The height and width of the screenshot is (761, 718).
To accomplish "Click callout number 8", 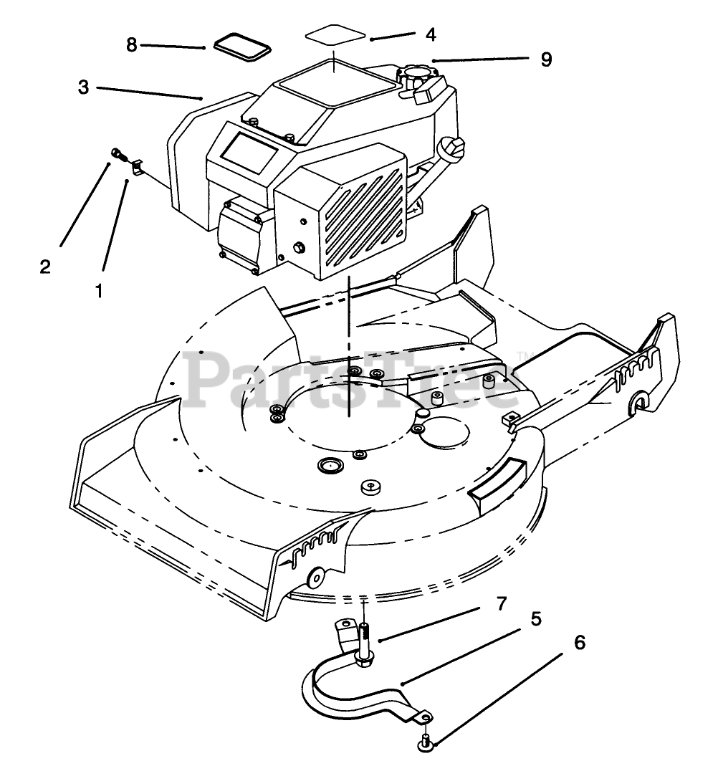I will tap(131, 44).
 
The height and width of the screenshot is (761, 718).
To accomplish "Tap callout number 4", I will tap(430, 34).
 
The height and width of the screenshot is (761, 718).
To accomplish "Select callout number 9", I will tap(546, 59).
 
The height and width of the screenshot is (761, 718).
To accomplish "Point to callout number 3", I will tap(84, 87).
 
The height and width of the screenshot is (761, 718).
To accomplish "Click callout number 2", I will tap(45, 267).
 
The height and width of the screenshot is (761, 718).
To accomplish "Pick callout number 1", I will tap(99, 290).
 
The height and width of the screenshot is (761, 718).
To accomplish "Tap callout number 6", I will tap(579, 643).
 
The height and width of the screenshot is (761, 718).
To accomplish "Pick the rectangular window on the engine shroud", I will tap(249, 150).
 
